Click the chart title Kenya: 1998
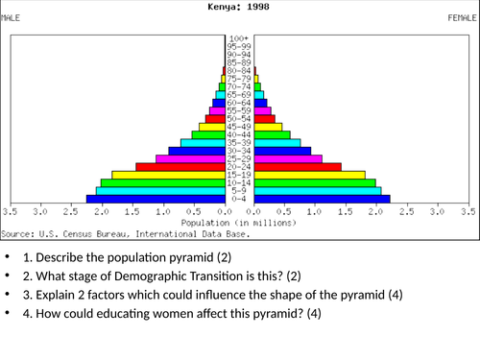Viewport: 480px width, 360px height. click(x=240, y=6)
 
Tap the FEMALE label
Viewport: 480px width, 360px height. click(x=465, y=17)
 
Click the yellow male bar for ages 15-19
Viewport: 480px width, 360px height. click(x=168, y=175)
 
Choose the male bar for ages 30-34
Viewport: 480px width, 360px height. click(x=196, y=150)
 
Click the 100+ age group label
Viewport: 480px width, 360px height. click(x=239, y=36)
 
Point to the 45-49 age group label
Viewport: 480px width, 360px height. click(x=239, y=126)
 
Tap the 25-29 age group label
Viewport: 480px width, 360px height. click(x=239, y=158)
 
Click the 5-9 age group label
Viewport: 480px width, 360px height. click(x=239, y=191)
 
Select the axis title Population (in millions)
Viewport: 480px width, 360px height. click(x=239, y=222)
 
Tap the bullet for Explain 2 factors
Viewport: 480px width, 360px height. click(x=8, y=295)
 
